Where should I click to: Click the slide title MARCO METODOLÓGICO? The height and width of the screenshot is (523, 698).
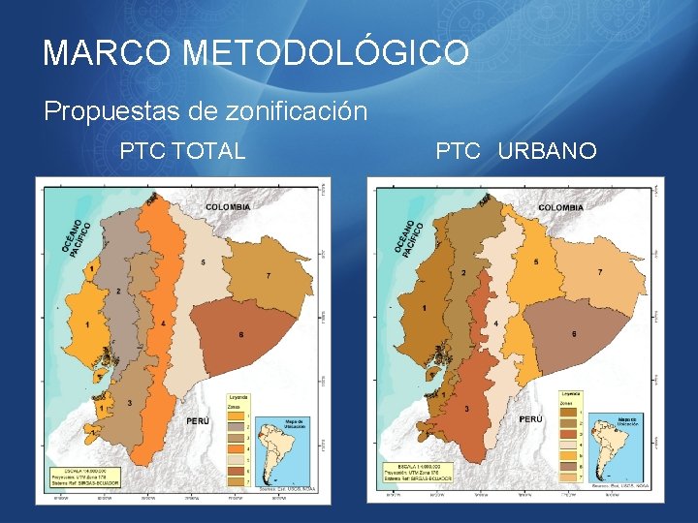[256, 52]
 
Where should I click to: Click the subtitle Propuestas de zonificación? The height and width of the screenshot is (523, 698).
[206, 111]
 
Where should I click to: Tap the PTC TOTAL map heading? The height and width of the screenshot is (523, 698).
[182, 151]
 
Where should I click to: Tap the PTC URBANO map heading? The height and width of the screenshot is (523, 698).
[516, 151]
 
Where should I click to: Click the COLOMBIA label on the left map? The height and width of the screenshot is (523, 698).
[228, 206]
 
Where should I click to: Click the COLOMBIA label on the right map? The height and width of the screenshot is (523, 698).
[561, 207]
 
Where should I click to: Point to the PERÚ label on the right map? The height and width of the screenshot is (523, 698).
[531, 419]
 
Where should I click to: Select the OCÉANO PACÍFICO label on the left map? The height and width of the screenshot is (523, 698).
[77, 234]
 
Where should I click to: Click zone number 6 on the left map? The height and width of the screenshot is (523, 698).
[240, 335]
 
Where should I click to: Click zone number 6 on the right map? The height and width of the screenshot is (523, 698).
[574, 333]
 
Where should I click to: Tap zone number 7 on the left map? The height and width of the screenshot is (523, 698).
[269, 276]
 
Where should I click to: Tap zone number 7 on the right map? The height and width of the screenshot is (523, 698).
[600, 272]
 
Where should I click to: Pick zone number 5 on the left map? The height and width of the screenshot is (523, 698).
[203, 262]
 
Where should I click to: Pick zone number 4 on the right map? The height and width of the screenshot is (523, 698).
[495, 323]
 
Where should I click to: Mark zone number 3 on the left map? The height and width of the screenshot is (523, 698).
[130, 402]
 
